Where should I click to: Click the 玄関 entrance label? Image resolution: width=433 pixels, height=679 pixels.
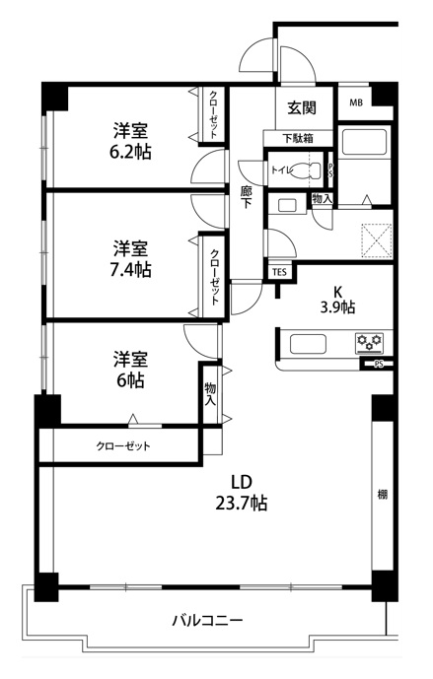click(x=302, y=107)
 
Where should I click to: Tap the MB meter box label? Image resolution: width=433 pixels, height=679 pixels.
click(x=356, y=102)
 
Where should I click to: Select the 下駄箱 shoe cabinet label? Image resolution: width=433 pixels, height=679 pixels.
click(x=298, y=139)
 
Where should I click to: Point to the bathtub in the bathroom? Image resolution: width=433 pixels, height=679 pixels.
click(x=364, y=142)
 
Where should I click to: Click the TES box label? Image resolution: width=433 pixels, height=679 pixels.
click(x=279, y=272)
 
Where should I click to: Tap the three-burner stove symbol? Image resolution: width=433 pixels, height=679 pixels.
click(x=370, y=341)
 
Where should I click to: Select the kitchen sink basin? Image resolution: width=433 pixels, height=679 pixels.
click(x=308, y=344)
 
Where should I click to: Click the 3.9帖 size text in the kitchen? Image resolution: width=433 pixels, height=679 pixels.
click(x=337, y=307)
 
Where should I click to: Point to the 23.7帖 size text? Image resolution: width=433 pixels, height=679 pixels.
click(x=242, y=503)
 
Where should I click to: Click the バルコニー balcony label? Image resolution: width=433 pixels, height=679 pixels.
click(x=207, y=621)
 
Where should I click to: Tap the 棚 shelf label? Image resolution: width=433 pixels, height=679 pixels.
click(x=383, y=494)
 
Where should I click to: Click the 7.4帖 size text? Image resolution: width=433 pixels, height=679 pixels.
click(x=130, y=269)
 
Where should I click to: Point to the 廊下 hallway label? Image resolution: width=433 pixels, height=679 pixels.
click(x=247, y=197)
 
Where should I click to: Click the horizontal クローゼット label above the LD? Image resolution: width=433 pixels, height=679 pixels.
click(x=123, y=446)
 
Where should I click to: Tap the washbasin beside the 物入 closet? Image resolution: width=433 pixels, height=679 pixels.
click(x=286, y=204)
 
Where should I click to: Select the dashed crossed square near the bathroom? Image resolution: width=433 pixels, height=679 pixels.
click(x=377, y=239)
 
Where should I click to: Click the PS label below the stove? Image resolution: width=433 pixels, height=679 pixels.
click(x=379, y=365)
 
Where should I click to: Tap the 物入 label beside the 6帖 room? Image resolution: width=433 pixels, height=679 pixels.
click(x=210, y=393)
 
